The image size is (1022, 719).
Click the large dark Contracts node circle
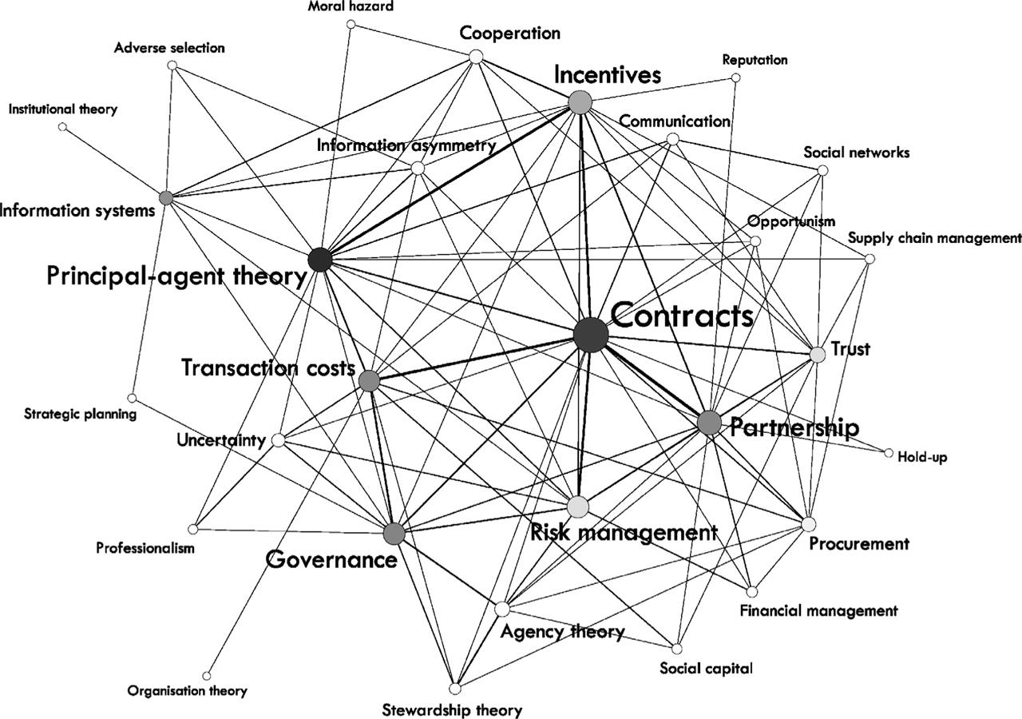click(591, 334)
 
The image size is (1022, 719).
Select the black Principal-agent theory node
click(319, 260)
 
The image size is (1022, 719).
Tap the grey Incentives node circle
click(580, 102)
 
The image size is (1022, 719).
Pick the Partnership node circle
click(709, 423)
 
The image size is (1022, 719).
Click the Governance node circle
click(393, 534)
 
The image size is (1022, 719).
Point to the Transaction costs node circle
click(369, 381)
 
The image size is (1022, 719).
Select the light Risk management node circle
click(578, 506)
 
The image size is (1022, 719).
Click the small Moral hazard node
click(351, 24)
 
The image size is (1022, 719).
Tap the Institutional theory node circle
click(63, 127)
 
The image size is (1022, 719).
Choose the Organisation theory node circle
click(207, 675)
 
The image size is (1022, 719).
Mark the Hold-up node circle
click(889, 453)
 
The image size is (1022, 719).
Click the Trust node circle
click(817, 354)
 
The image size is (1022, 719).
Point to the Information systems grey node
click(166, 197)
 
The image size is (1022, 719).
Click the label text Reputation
click(755, 60)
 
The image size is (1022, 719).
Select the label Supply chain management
click(934, 237)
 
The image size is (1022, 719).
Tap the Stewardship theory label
click(452, 709)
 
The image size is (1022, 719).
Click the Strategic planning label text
click(80, 414)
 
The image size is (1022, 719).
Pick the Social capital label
click(706, 668)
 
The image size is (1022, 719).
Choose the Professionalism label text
click(145, 548)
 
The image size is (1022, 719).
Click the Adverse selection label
click(169, 48)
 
